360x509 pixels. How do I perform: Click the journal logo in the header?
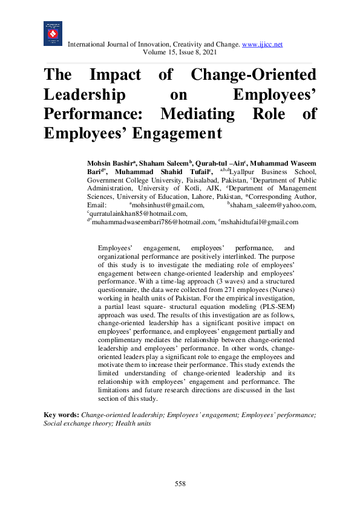(x=53, y=34)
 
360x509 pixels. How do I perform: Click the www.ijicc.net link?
(x=263, y=45)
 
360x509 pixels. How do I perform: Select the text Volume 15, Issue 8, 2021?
(x=180, y=53)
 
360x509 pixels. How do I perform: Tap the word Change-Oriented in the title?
(x=253, y=76)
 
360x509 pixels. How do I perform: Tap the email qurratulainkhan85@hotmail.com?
(x=137, y=214)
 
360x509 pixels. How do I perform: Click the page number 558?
(x=180, y=484)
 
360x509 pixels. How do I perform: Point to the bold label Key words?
(x=61, y=415)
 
